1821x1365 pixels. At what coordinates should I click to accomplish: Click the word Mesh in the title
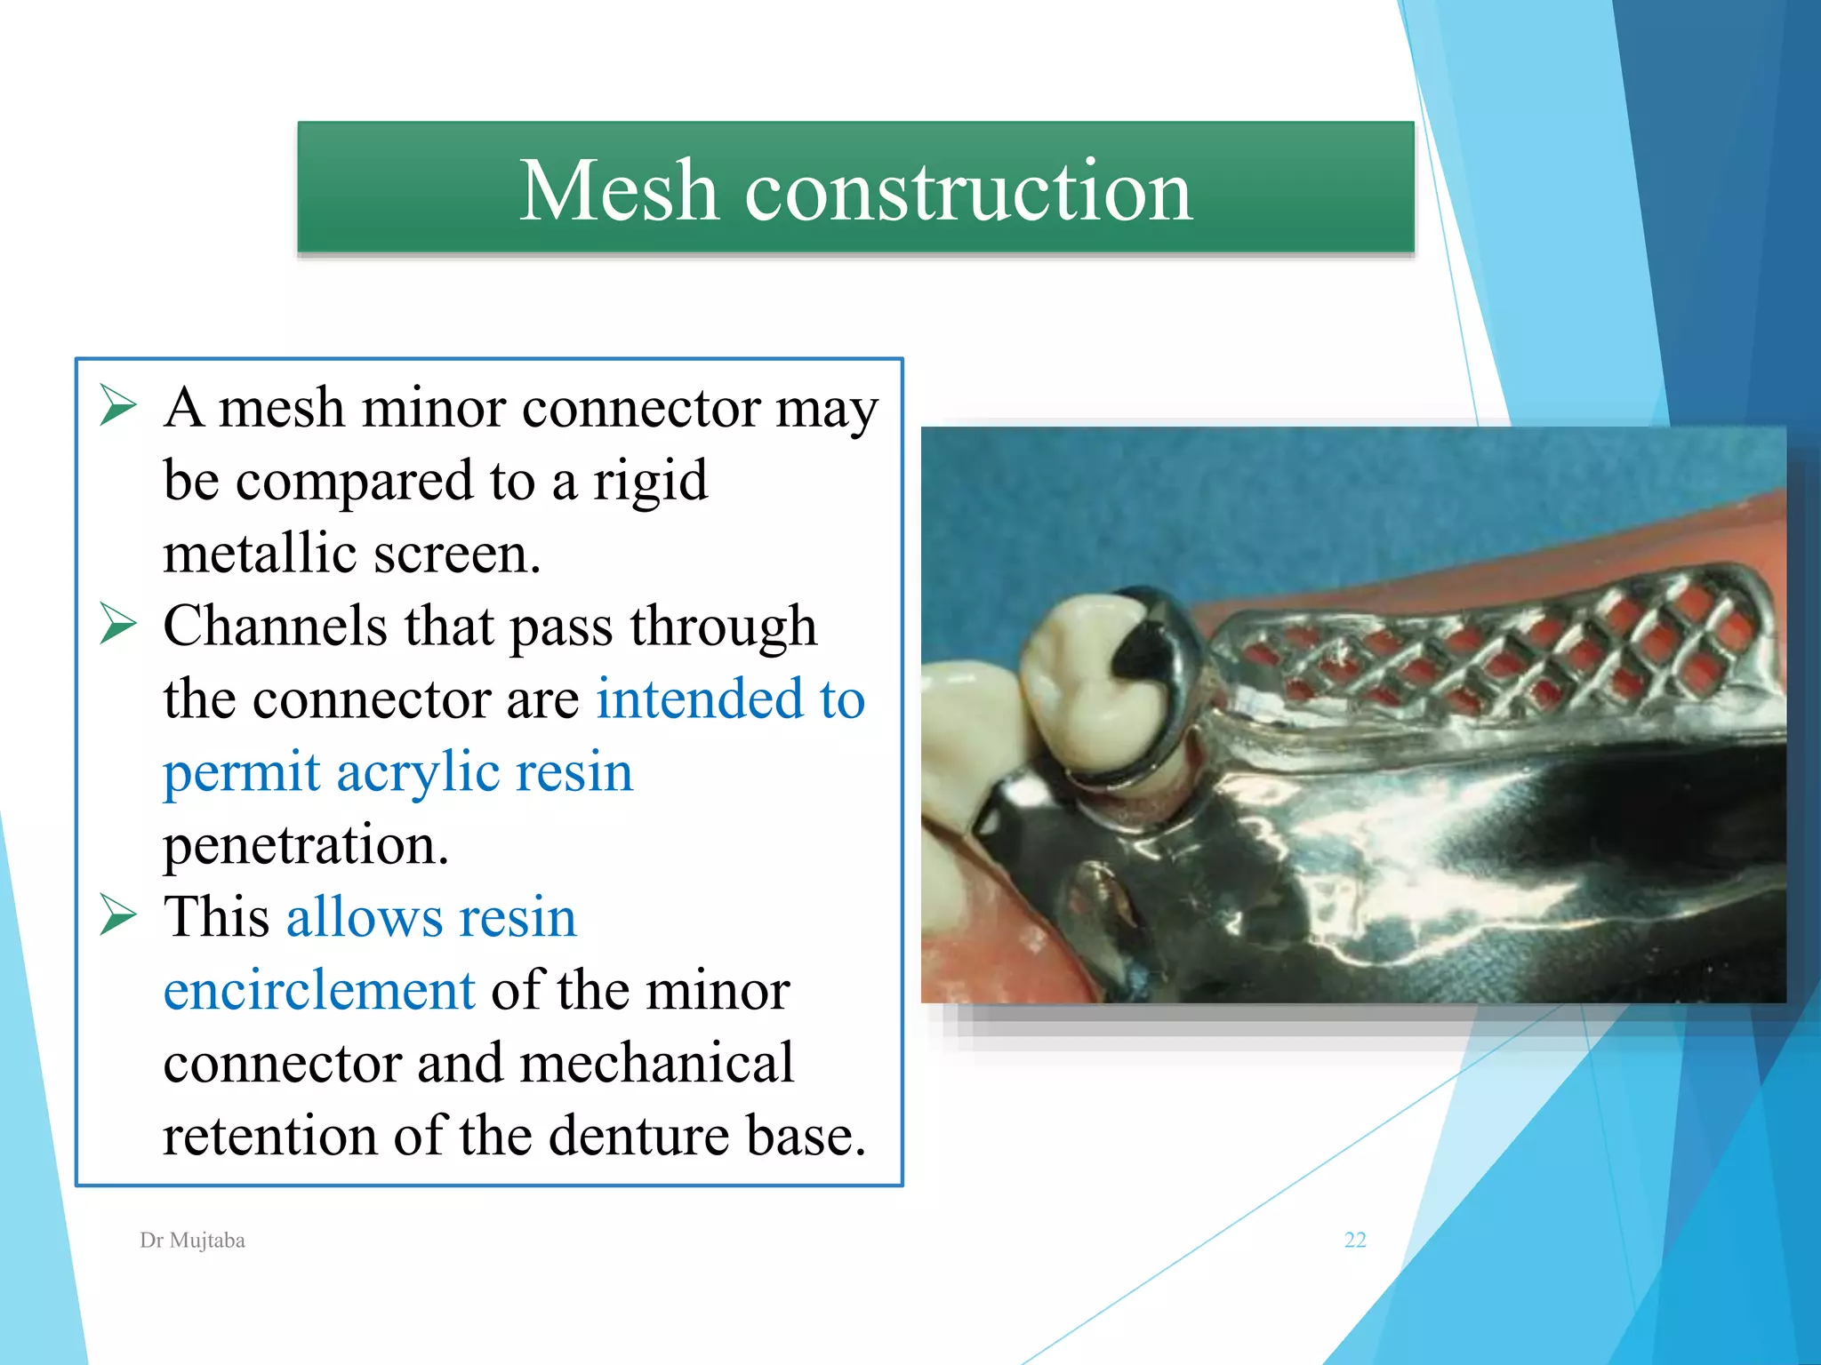618,190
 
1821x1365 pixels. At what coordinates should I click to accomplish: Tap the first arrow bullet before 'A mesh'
117,406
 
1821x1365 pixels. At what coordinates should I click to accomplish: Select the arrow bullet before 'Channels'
117,624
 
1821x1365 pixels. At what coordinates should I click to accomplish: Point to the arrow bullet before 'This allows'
117,915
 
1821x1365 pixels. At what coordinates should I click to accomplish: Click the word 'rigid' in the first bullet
650,481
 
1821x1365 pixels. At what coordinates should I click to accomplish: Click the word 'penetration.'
306,844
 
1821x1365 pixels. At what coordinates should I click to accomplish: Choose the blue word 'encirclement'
319,990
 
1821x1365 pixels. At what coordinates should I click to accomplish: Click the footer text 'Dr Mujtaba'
192,1240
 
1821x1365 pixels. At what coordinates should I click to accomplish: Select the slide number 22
1354,1240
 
